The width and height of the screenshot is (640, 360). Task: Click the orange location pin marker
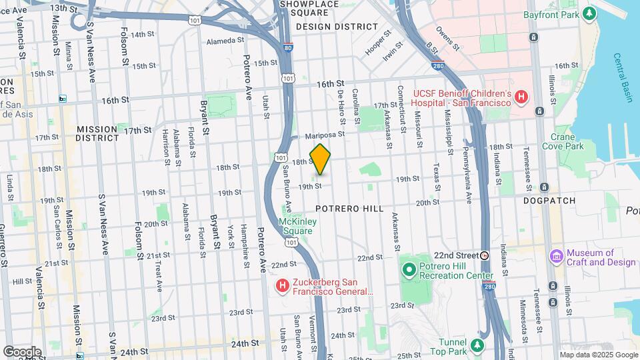[x=320, y=159]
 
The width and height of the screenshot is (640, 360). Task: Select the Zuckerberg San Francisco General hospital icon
[x=283, y=286]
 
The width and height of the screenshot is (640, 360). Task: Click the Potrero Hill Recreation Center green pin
[x=409, y=270]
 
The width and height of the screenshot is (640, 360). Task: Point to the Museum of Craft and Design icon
[x=556, y=257]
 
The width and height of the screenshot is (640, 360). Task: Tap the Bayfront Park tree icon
[x=589, y=13]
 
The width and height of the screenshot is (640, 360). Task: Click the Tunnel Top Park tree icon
[x=477, y=345]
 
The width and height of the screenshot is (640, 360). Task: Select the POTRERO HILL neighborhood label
[x=349, y=209]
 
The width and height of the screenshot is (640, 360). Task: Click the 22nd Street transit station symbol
[x=485, y=255]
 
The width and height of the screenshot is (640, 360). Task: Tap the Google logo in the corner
[x=22, y=351]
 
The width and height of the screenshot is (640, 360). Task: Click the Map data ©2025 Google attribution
[x=598, y=355]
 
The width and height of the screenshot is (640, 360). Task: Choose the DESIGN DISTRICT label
[x=337, y=27]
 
